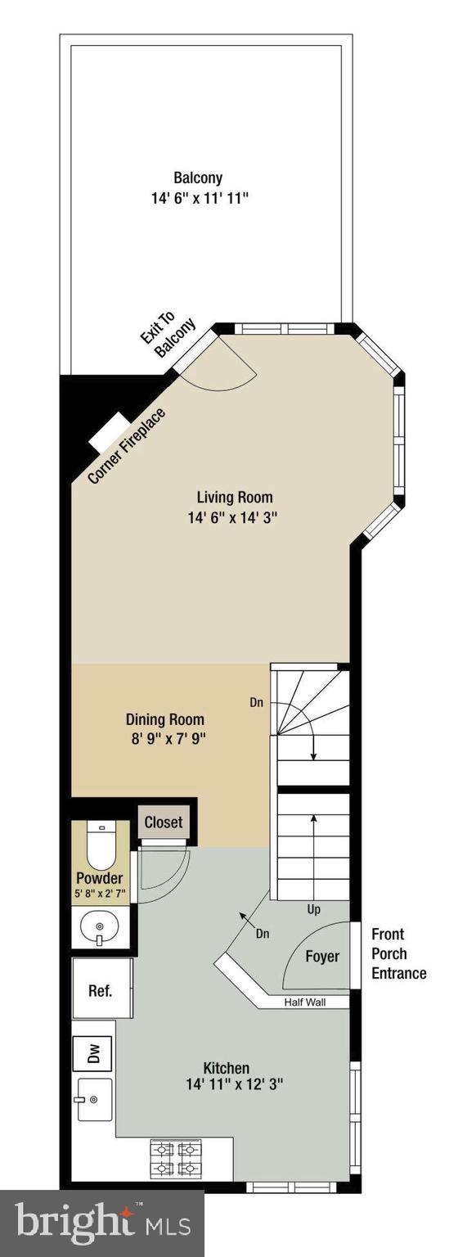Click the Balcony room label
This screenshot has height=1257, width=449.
click(x=197, y=178)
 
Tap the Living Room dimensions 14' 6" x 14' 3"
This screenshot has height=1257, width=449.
click(x=234, y=517)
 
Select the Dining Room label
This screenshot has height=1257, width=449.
click(x=164, y=720)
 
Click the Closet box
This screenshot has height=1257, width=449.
click(x=164, y=822)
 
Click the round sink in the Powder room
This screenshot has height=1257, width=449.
click(x=99, y=927)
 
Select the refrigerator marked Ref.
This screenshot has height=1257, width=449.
click(x=100, y=989)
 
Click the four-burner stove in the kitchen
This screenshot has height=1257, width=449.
click(x=177, y=1158)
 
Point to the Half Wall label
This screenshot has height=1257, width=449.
click(x=304, y=1002)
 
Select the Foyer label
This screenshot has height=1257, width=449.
click(x=322, y=957)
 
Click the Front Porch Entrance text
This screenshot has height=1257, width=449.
click(x=398, y=953)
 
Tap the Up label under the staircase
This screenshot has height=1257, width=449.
click(x=314, y=909)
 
